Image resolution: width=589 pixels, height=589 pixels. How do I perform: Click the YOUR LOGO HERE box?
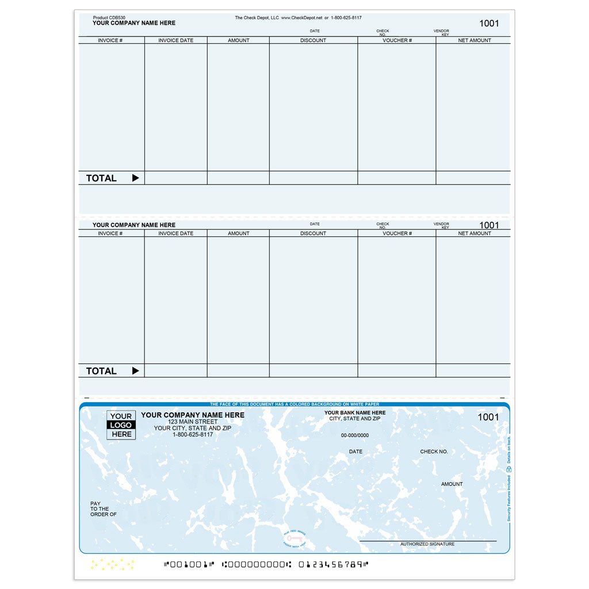pos(121,425)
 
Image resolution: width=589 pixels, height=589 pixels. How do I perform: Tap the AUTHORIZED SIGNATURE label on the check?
pos(427,544)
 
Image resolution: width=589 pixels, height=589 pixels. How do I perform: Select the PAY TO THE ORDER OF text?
pos(103,509)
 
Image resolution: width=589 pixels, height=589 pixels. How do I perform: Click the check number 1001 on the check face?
pos(488,417)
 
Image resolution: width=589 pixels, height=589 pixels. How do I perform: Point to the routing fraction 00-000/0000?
pos(355,435)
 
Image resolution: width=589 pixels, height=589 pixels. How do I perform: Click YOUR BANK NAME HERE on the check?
pos(355,412)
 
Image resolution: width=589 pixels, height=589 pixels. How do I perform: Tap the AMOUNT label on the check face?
pos(452,484)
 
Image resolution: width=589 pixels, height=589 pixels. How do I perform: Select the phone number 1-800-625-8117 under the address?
pos(193,434)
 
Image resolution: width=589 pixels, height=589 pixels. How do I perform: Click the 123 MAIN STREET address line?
pos(193,422)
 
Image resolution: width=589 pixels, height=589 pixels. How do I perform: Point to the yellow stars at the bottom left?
pos(113,564)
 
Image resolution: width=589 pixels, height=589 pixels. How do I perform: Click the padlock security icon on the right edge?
pos(508,469)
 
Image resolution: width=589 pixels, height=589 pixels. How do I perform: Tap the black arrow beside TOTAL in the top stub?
pos(136,178)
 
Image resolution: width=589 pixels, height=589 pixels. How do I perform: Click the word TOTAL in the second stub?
pos(101,371)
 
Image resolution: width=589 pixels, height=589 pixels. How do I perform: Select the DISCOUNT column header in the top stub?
pos(313,40)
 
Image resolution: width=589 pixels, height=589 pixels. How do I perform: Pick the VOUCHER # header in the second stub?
pos(397,234)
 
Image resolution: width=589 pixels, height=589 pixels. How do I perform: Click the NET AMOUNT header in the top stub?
pos(475,40)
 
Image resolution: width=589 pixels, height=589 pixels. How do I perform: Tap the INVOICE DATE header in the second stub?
pos(175,234)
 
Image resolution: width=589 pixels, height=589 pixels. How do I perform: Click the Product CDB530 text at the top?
pos(109,18)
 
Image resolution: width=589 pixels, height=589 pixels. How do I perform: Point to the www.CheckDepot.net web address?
pos(301,18)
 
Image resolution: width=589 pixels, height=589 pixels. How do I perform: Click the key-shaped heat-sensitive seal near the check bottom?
pos(294,538)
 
